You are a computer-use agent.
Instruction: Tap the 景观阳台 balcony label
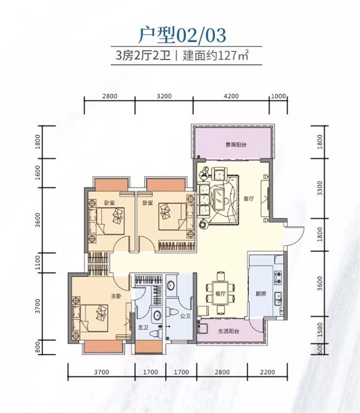pos(236,144)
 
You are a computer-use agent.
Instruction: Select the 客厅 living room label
pos(249,198)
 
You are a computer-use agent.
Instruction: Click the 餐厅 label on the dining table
pos(220,293)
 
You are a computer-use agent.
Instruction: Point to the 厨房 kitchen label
pos(261,294)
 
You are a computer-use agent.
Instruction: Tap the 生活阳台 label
pos(229,332)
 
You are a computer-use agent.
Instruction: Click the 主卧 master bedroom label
pos(116,296)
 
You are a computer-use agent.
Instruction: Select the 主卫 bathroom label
pos(143,328)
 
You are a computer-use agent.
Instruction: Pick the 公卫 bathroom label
pos(185,315)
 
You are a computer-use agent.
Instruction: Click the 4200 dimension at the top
pos(231,96)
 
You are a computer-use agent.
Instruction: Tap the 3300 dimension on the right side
pos(319,188)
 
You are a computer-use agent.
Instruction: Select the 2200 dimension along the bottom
pos(267,372)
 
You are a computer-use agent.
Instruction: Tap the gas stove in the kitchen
pos(278,278)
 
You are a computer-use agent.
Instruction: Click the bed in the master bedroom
pos(90,319)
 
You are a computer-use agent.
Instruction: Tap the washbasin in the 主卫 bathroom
pos(157,315)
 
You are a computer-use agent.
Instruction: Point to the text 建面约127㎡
pos(216,56)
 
